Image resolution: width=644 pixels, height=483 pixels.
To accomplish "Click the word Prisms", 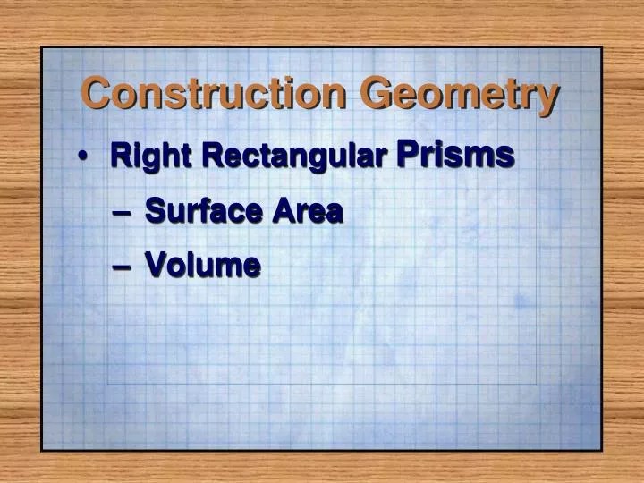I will tap(454, 154).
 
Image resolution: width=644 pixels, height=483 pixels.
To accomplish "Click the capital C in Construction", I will tap(95, 92).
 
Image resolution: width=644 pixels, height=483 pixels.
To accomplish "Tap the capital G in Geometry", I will tap(378, 92).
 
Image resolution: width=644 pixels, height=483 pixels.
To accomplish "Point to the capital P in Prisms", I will tap(406, 154).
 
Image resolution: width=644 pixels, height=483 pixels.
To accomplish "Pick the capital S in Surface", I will tap(154, 212).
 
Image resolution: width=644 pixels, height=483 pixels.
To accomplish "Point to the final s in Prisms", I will tap(505, 157).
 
